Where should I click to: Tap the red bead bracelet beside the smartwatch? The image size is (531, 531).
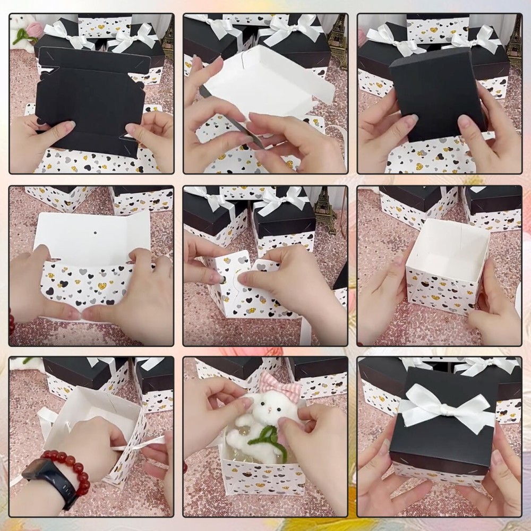point(74,467)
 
